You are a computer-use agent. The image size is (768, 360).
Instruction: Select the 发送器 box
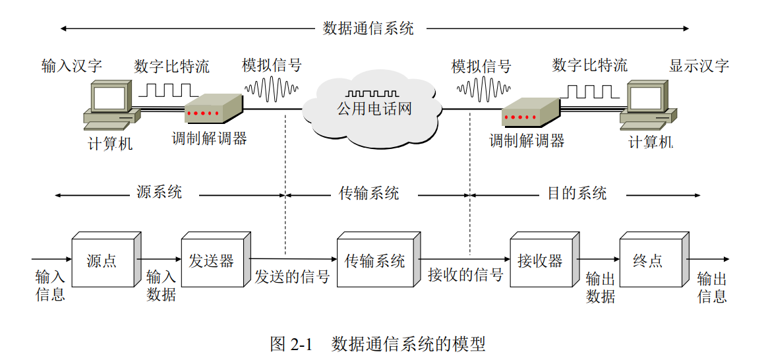[x=212, y=260]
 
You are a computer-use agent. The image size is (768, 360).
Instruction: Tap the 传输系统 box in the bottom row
[x=374, y=261]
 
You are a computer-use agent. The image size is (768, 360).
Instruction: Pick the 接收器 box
[x=540, y=260]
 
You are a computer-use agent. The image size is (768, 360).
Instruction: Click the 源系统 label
[x=159, y=193]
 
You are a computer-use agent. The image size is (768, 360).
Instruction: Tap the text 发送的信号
[x=292, y=277]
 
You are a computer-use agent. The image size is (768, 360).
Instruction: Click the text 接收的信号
[x=465, y=275]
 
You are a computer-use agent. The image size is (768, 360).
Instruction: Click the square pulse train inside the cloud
[x=372, y=94]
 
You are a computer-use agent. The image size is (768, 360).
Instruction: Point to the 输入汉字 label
[x=72, y=66]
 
